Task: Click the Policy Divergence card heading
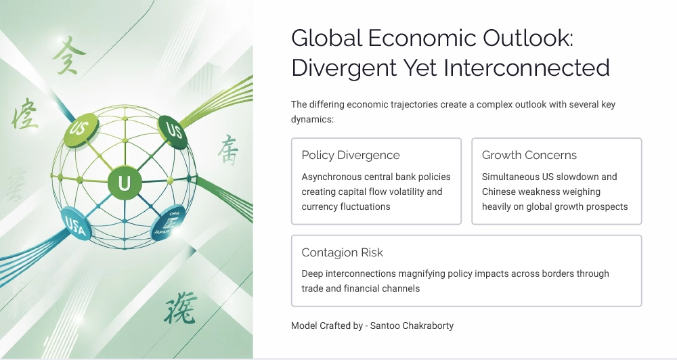click(351, 155)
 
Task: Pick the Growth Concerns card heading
click(529, 155)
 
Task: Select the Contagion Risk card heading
click(342, 252)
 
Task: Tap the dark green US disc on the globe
click(173, 129)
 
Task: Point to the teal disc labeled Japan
click(167, 221)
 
